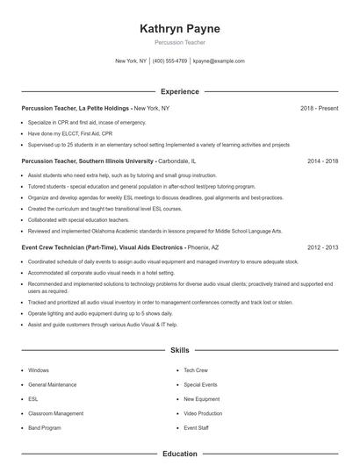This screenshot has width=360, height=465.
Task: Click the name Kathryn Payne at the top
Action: pos(180,29)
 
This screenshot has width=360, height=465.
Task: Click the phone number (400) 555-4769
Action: pos(170,61)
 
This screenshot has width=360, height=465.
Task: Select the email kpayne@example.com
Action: pos(219,61)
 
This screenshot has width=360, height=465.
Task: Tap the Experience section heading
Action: pos(180,91)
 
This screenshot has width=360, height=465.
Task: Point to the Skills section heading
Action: pos(180,350)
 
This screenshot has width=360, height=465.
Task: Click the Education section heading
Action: pos(180,454)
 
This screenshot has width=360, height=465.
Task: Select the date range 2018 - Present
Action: pos(319,108)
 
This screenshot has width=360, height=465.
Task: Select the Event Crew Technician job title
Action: pos(102,248)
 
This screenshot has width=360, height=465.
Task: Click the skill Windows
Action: pos(39,370)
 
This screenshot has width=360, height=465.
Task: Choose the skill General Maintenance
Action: pos(53,384)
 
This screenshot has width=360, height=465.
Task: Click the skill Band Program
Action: pos(45,427)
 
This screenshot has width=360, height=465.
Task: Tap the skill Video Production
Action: pos(203,413)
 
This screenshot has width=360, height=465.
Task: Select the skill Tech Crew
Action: pos(196,370)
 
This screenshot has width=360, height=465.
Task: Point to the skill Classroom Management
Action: pos(56,413)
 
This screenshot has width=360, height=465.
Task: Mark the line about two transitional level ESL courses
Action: pos(80,209)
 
